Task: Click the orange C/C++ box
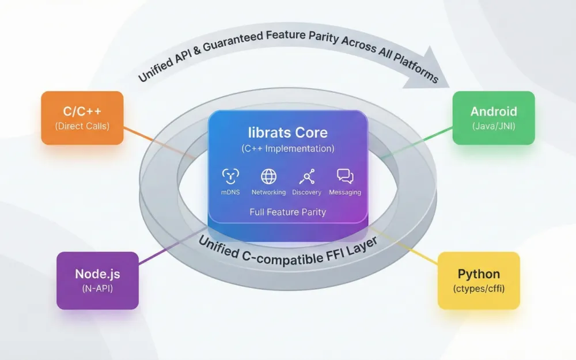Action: coord(82,118)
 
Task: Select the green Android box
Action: coord(494,118)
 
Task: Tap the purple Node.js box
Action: coord(97,281)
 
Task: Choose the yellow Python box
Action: coord(479,281)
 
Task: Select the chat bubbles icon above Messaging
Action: coord(345,176)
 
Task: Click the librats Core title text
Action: coord(287,132)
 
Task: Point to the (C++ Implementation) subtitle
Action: coord(287,149)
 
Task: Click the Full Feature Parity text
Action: coord(287,212)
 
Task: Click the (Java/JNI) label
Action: coord(494,126)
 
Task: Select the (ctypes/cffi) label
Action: coord(479,289)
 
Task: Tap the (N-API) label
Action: coord(97,289)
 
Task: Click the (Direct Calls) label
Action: coord(82,126)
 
